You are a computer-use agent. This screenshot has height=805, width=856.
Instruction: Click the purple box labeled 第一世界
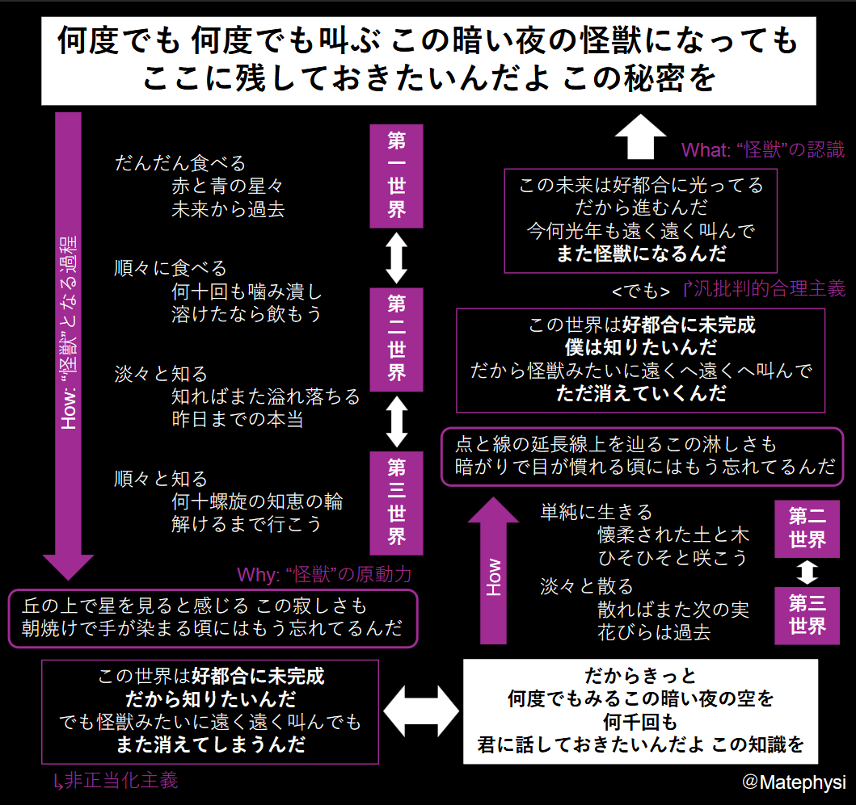pyautogui.click(x=396, y=176)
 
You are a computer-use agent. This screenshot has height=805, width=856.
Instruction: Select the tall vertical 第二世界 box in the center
pyautogui.click(x=396, y=339)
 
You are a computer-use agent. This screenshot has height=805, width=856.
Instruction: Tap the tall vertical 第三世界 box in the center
pyautogui.click(x=396, y=503)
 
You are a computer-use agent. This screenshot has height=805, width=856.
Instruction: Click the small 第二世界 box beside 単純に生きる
pyautogui.click(x=807, y=529)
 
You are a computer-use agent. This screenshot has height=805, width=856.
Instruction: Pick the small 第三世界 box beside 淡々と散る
pyautogui.click(x=807, y=615)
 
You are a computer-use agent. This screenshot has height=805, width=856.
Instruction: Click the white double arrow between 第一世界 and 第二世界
pyautogui.click(x=396, y=258)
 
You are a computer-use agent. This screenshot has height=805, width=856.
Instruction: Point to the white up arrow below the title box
pyautogui.click(x=640, y=136)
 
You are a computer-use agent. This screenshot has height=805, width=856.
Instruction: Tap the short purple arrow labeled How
pyautogui.click(x=493, y=570)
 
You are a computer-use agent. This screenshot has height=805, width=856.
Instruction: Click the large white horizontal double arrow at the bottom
pyautogui.click(x=421, y=711)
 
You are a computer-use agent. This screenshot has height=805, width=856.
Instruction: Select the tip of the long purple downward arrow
pyautogui.click(x=68, y=579)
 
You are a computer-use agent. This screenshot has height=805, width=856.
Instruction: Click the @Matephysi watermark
pyautogui.click(x=794, y=782)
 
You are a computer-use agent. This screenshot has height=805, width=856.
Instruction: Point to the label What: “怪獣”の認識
pyautogui.click(x=763, y=149)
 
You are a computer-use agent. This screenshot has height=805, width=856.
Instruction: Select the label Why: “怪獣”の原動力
pyautogui.click(x=324, y=574)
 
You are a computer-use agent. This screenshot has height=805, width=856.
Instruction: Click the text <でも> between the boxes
pyautogui.click(x=641, y=291)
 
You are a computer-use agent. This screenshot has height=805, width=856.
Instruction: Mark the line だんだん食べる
pyautogui.click(x=180, y=163)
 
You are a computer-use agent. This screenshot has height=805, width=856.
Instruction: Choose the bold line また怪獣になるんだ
pyautogui.click(x=641, y=254)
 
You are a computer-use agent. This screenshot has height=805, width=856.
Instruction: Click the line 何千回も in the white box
pyautogui.click(x=640, y=722)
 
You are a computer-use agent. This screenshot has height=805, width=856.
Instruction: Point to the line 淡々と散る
pyautogui.click(x=587, y=586)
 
